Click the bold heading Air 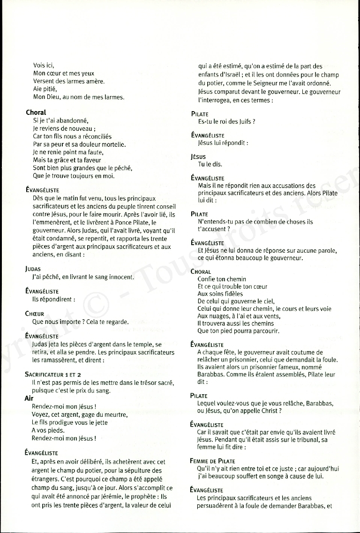point(29,398)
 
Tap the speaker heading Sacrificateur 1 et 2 point(53,375)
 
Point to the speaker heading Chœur point(35,314)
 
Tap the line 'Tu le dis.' point(210,164)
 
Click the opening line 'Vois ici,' point(44,65)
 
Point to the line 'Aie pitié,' point(45,89)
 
